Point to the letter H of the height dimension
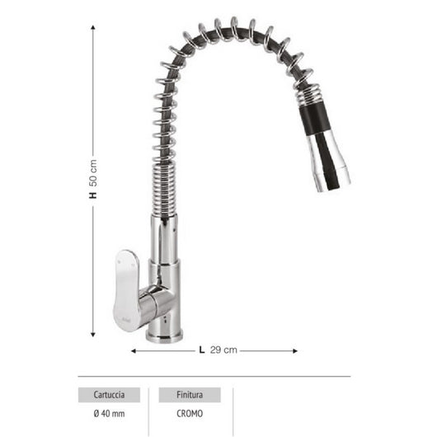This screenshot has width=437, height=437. [93, 195]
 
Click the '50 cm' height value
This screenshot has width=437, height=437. [93, 172]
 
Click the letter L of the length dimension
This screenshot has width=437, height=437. [201, 350]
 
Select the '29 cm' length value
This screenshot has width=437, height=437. [223, 350]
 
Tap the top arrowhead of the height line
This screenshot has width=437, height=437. [93, 26]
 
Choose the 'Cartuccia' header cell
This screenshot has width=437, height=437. [109, 395]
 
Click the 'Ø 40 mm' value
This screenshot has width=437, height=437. [109, 414]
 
